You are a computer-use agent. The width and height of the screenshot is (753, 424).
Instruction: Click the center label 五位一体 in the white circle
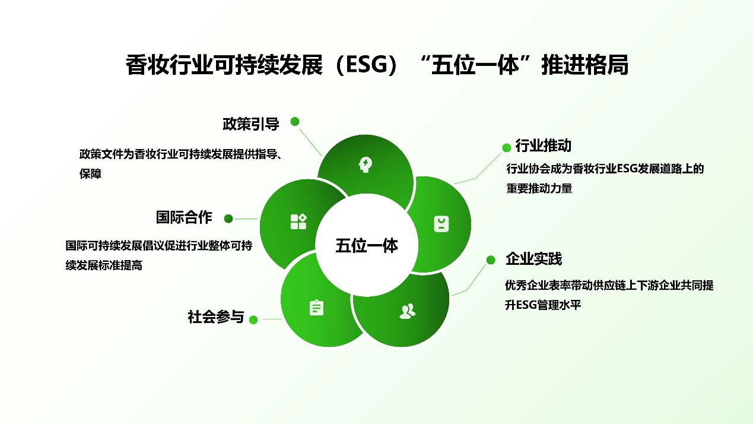pyautogui.click(x=367, y=245)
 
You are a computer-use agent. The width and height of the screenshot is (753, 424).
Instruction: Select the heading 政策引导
pyautogui.click(x=251, y=124)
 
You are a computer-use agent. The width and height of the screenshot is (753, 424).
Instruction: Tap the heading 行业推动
pyautogui.click(x=543, y=145)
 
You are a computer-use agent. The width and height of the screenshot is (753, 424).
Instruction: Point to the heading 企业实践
pyautogui.click(x=534, y=259)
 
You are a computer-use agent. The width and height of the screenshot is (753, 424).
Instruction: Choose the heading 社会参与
pyautogui.click(x=216, y=317)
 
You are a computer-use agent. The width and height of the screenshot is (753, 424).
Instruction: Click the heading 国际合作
pyautogui.click(x=184, y=217)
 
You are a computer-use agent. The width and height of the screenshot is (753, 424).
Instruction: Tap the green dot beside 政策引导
pyautogui.click(x=295, y=122)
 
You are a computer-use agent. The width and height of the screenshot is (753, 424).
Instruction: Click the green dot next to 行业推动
pyautogui.click(x=507, y=147)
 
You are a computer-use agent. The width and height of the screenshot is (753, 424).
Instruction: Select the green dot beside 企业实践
pyautogui.click(x=491, y=260)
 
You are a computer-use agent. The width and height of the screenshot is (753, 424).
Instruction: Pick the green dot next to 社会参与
pyautogui.click(x=253, y=319)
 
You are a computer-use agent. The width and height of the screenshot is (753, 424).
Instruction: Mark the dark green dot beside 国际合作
pyautogui.click(x=228, y=219)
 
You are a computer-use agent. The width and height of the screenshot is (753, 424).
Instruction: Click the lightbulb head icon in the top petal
pyautogui.click(x=365, y=165)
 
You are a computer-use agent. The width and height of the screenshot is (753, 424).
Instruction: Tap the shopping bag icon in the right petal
pyautogui.click(x=441, y=224)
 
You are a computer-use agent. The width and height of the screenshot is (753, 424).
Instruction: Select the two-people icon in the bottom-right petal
pyautogui.click(x=408, y=311)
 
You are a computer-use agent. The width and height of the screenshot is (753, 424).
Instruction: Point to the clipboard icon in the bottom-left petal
pyautogui.click(x=316, y=308)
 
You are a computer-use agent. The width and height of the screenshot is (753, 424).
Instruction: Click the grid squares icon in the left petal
pyautogui.click(x=298, y=222)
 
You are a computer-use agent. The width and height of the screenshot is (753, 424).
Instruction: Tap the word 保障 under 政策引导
pyautogui.click(x=90, y=174)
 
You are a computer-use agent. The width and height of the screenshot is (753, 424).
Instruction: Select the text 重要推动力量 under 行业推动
pyautogui.click(x=539, y=188)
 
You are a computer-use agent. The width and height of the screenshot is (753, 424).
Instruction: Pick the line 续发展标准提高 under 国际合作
pyautogui.click(x=104, y=265)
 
